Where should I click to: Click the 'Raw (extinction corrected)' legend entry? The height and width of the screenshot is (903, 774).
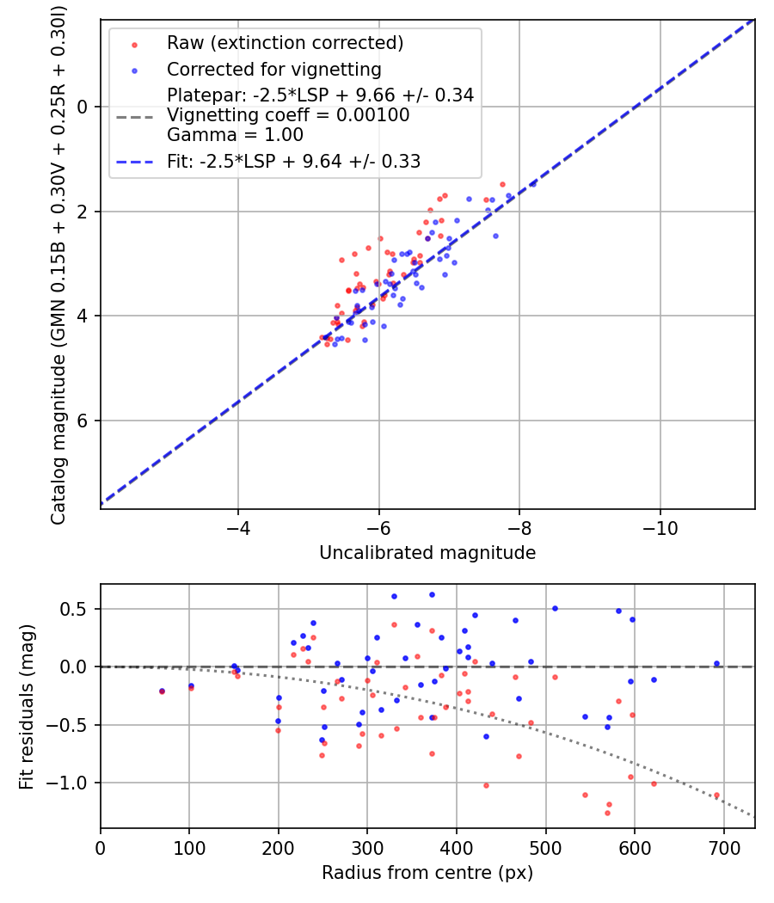(285, 43)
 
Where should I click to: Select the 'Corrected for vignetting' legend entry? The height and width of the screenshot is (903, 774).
(273, 69)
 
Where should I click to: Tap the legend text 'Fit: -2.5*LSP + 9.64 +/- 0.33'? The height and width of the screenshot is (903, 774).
(293, 161)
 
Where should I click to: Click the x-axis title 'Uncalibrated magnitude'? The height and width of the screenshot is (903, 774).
(427, 553)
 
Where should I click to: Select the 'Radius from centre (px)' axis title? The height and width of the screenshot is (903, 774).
(427, 873)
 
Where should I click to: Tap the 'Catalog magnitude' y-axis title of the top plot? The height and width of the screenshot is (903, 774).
(58, 263)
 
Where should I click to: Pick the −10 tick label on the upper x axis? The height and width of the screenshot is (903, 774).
(660, 527)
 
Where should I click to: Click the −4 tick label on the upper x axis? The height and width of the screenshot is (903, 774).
(238, 527)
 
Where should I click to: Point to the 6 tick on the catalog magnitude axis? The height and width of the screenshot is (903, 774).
(83, 421)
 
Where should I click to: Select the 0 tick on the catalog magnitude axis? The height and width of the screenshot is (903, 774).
(83, 107)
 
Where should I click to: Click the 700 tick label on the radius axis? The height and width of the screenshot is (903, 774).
(723, 847)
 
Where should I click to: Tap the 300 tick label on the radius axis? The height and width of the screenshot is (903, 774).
(367, 847)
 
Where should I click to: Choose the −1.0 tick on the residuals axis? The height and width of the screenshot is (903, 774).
(71, 783)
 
